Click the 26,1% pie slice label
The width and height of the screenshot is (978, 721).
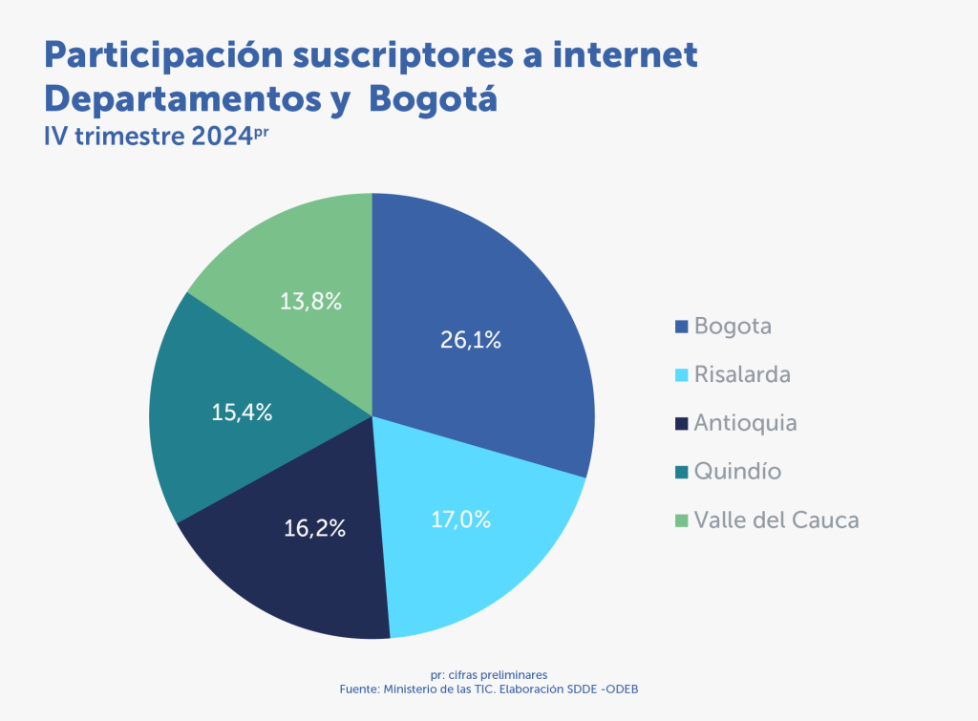tap(471, 339)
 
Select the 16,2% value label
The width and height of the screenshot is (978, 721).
tap(314, 527)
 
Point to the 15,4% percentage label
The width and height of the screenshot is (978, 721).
tap(242, 413)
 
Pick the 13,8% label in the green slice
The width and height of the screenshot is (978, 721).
tap(311, 302)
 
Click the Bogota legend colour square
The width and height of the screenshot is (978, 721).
tap(682, 327)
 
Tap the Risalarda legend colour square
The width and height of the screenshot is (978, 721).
tap(682, 375)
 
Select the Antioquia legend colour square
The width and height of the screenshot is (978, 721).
tap(682, 423)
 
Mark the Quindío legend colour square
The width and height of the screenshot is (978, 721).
tap(682, 472)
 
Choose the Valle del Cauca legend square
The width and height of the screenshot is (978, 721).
tap(682, 520)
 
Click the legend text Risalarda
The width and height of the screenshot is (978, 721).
tap(742, 374)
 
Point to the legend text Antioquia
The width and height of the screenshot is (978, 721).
tap(745, 423)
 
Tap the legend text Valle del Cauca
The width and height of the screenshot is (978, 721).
tap(776, 520)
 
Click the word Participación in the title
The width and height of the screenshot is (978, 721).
tap(163, 55)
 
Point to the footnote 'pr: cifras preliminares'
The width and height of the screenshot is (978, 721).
tap(488, 674)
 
